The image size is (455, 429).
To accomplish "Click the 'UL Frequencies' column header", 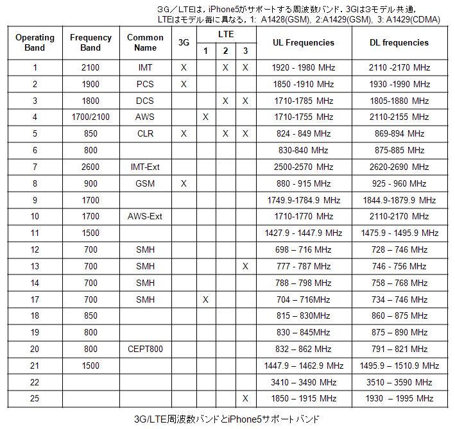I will coord(304,42).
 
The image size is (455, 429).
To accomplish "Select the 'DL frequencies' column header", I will coord(399,42).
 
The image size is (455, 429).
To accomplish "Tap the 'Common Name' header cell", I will coord(145,42).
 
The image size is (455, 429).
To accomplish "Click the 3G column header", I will coord(184,42).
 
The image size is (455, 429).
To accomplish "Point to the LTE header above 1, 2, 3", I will coord(225,33).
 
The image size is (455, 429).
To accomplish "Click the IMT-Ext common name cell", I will coord(145,167).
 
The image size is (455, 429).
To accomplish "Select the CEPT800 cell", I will coord(145,349).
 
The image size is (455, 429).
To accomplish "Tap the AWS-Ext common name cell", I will coord(145,216).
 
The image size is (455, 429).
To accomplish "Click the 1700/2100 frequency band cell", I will coord(90,117).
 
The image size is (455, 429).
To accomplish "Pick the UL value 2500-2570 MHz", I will coord(304,167).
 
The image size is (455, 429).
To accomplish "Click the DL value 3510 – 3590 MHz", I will coord(399,382).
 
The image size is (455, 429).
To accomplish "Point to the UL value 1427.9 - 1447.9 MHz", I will coord(304,233).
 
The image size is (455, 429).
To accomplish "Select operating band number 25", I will coord(35,399).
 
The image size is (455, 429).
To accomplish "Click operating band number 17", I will coord(35,299).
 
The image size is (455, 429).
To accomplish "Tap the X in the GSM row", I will coord(184,183).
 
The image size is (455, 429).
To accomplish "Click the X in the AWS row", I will coord(205,117).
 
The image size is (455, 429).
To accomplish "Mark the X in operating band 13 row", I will coord(245,266).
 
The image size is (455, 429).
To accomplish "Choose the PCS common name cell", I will coord(145,84).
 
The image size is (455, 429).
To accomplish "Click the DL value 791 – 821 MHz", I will coord(399,349).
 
